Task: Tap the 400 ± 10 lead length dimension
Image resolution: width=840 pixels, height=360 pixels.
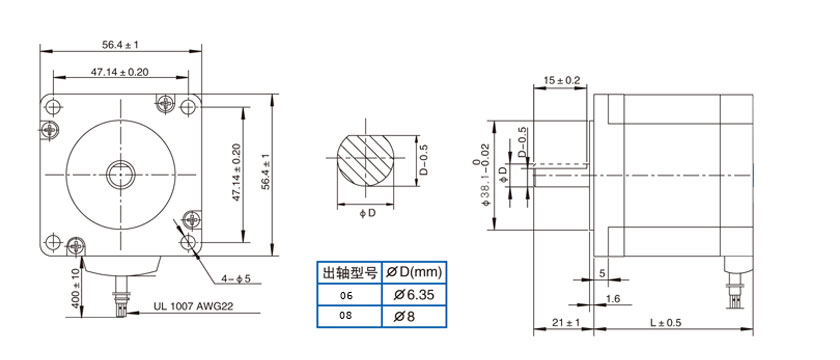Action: click(75, 288)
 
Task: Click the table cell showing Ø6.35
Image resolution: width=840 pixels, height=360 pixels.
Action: click(414, 295)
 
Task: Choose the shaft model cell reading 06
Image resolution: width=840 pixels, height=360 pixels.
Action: click(349, 295)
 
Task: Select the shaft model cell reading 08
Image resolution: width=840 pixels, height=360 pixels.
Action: click(349, 316)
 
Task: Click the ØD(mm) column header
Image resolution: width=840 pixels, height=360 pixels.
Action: click(414, 273)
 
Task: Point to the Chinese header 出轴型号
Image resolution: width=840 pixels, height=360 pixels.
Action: click(349, 273)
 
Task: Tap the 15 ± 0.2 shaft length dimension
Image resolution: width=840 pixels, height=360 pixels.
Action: click(562, 80)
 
